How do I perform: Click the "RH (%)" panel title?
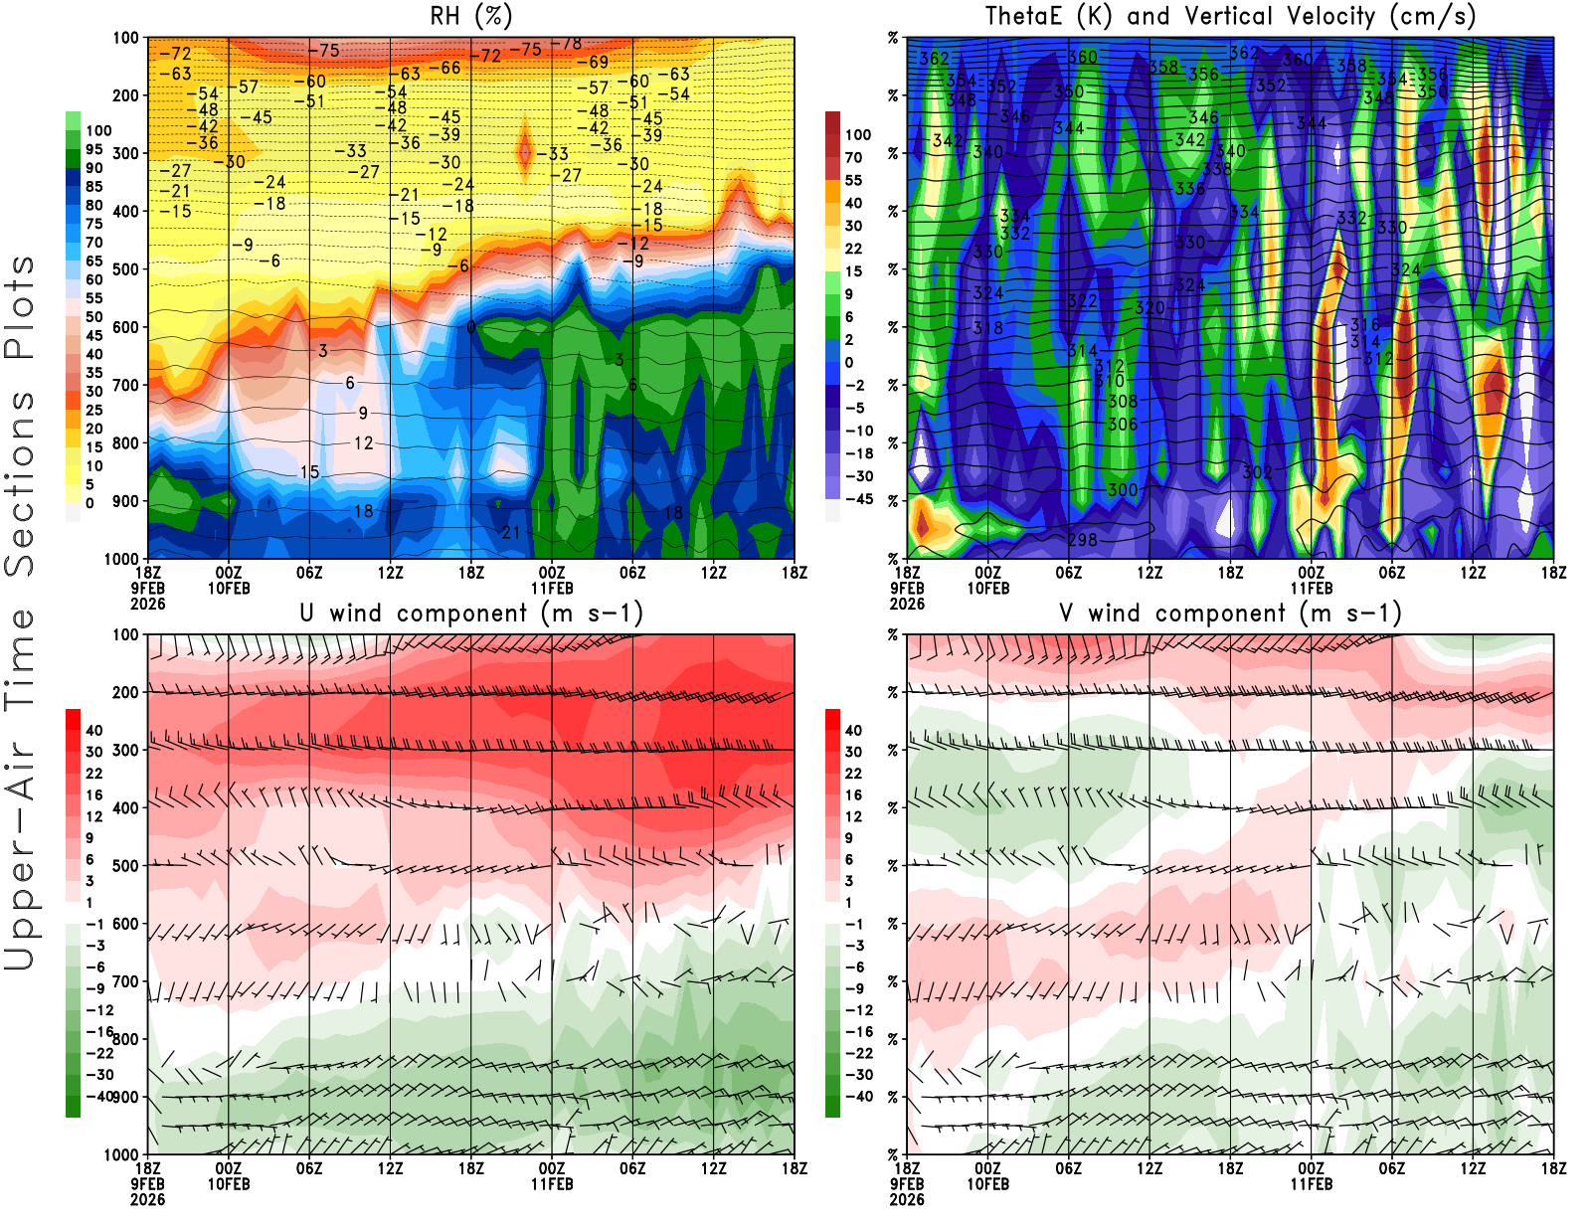click(x=471, y=16)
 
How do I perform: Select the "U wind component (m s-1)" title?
click(x=471, y=614)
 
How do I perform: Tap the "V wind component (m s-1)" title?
click(x=1231, y=614)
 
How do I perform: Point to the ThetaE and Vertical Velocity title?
click(x=1231, y=16)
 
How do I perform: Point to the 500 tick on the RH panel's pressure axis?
click(x=126, y=269)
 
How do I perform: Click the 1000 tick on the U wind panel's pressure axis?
click(x=121, y=1154)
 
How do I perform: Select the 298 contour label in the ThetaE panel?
click(x=1083, y=540)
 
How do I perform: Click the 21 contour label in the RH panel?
click(x=511, y=532)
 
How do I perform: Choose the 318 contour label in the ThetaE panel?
click(x=988, y=328)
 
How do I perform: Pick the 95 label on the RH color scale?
click(x=93, y=149)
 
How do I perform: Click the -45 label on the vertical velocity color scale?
click(x=858, y=499)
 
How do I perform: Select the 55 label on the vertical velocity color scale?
click(x=853, y=180)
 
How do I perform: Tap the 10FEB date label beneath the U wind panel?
click(x=229, y=1184)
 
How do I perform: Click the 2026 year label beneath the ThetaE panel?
click(x=907, y=1199)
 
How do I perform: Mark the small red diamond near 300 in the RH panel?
click(x=524, y=152)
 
